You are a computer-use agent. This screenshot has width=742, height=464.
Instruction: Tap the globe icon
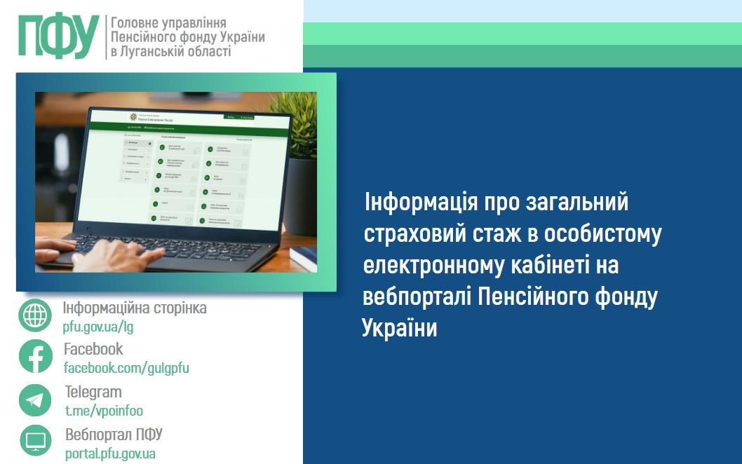point(35,316)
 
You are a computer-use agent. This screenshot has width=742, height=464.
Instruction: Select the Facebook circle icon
point(35,356)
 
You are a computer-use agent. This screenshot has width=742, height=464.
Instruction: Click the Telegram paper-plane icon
point(35,400)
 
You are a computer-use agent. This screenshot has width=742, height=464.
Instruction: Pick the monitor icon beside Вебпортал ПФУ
point(35,441)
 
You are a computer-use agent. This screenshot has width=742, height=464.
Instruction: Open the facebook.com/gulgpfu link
point(126,368)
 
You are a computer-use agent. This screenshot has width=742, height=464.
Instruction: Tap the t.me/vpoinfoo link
point(104,411)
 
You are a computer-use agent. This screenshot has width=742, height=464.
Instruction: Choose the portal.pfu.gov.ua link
point(110,453)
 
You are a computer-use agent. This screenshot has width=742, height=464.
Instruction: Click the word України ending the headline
point(399,328)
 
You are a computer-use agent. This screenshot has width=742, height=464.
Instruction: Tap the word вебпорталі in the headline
point(417,297)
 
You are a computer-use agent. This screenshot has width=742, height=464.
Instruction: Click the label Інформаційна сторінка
point(135,308)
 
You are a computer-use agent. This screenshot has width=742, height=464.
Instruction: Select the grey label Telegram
point(93,392)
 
